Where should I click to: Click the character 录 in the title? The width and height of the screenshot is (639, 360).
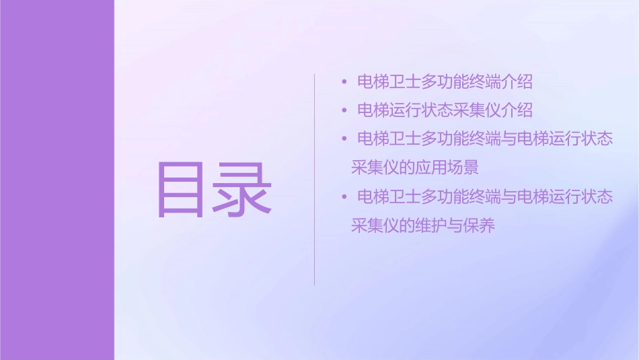click(244, 190)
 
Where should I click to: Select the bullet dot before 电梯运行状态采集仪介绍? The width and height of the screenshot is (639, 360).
click(344, 110)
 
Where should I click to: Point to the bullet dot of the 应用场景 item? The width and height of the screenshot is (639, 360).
click(344, 139)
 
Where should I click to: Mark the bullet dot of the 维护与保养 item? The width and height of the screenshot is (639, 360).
click(344, 197)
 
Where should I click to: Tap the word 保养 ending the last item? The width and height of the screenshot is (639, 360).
click(480, 225)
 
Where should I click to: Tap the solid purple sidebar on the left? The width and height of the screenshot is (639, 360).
click(57, 180)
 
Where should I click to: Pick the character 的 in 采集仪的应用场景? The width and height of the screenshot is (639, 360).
click(408, 167)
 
